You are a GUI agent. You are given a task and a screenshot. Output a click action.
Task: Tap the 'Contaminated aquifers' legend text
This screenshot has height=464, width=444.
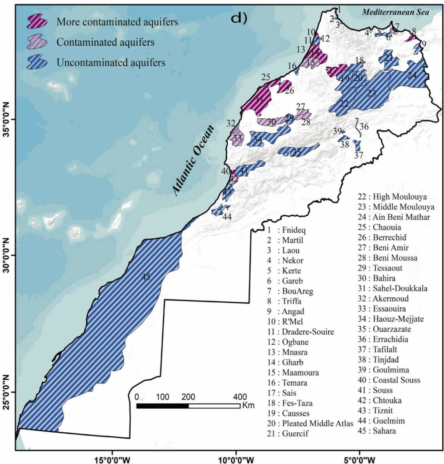(106, 42)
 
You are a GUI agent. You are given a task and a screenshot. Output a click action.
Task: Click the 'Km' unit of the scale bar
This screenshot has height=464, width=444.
(249, 405)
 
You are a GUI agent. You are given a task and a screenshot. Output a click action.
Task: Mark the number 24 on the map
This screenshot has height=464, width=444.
(412, 76)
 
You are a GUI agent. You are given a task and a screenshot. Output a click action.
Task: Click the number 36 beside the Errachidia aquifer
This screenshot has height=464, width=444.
(364, 126)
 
